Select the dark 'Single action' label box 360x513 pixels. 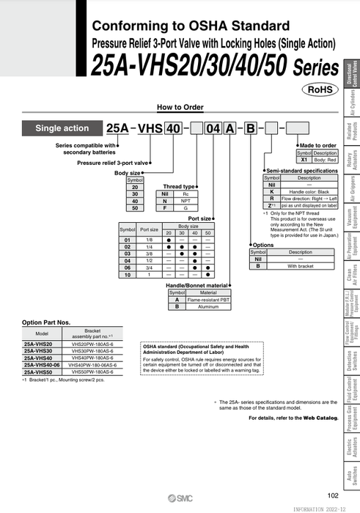click(62, 128)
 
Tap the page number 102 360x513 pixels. click(333, 496)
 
